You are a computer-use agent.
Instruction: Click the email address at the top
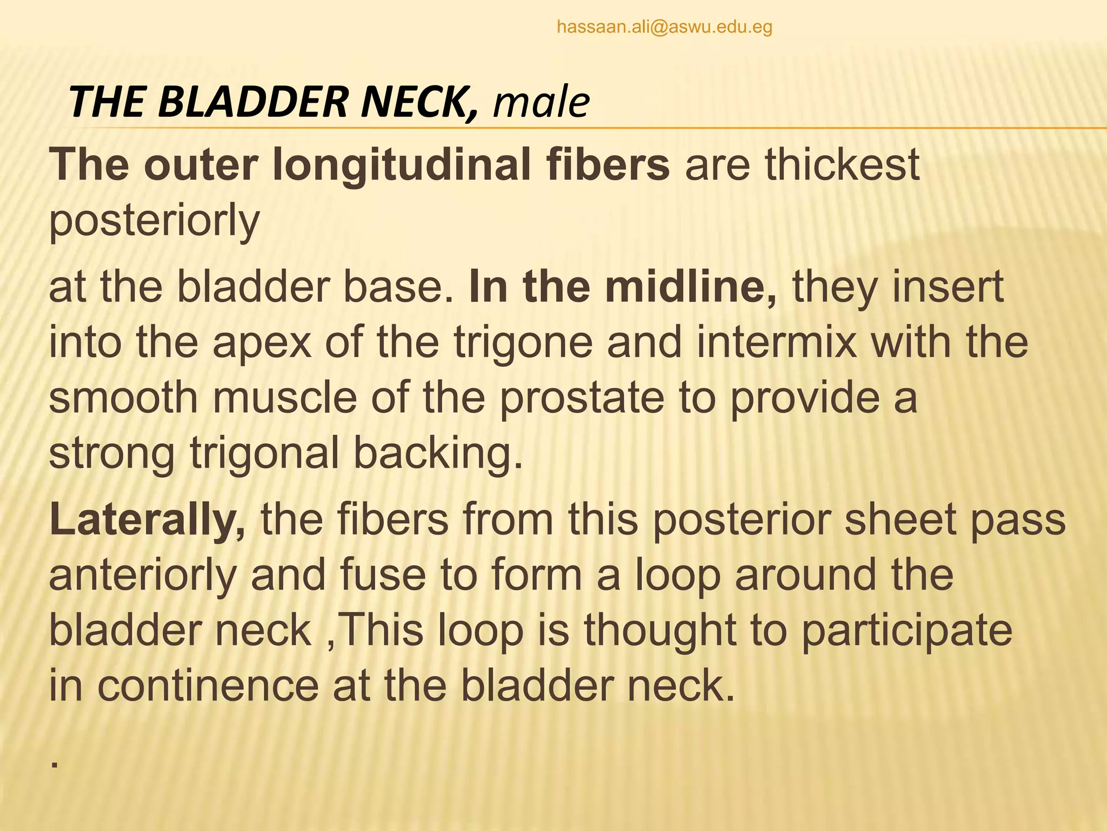pyautogui.click(x=664, y=27)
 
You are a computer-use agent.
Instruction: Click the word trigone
pyautogui.click(x=523, y=344)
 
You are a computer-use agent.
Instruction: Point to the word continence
pyautogui.click(x=208, y=686)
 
